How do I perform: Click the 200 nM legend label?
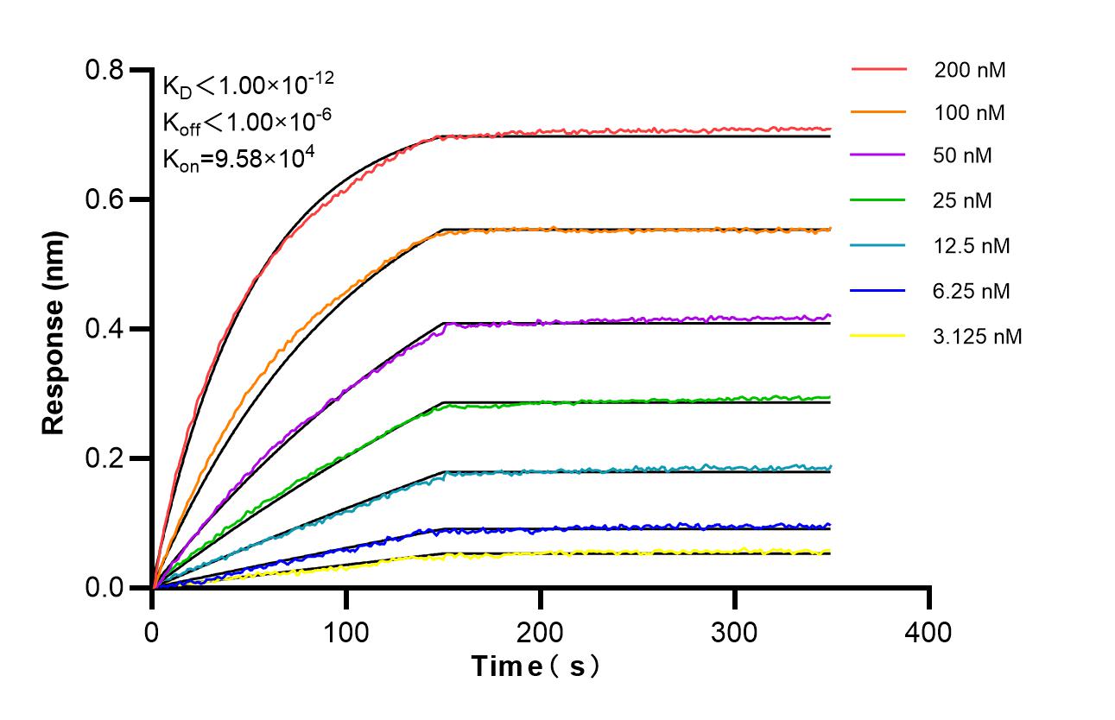coord(969,70)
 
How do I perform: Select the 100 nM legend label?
coord(969,113)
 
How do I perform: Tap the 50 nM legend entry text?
coord(963,156)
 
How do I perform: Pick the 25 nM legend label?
coord(963,201)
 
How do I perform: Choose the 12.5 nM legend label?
coord(972,246)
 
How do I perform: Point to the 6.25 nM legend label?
coord(972,291)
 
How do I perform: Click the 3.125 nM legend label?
coord(978,336)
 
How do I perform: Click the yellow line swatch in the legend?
coord(878,335)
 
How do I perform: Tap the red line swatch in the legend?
coord(878,69)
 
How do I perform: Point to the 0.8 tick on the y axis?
coord(105,70)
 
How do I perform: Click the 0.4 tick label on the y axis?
coord(105,329)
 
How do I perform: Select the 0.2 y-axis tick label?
coord(105,458)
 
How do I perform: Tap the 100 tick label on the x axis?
coord(346,632)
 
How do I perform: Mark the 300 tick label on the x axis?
coord(735,632)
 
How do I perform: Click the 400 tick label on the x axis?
coord(929,632)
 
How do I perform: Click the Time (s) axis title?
coord(535,666)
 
